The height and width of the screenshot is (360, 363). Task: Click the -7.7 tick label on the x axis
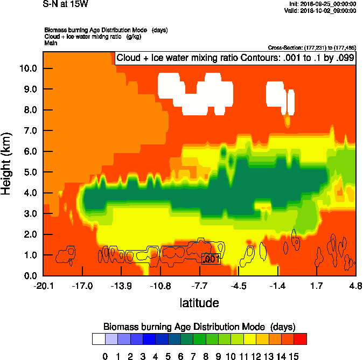(199, 286)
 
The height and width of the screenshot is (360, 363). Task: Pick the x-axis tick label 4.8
(355, 286)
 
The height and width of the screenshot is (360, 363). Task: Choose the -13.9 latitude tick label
(121, 286)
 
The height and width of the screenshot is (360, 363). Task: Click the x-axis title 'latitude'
(199, 303)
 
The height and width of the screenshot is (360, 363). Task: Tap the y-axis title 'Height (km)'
(8, 164)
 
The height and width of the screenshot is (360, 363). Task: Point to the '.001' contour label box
(211, 259)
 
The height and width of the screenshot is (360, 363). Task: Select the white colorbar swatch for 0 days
(98, 338)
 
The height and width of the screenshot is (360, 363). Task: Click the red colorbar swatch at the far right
(301, 338)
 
